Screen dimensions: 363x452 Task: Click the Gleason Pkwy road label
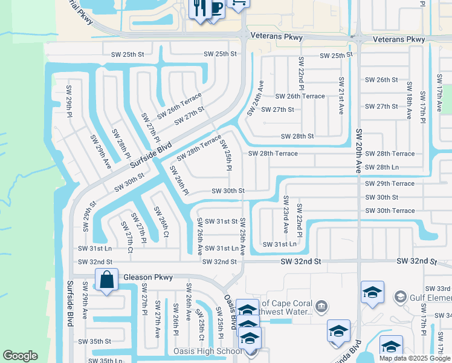[148, 277]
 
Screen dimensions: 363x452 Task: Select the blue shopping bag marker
[106, 280]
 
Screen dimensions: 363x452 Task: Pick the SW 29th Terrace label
[390, 183]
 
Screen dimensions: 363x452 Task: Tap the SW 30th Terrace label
[390, 211]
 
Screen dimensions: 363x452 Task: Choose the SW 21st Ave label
[341, 94]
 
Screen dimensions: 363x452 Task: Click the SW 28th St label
[293, 136]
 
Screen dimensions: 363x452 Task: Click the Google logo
[20, 356]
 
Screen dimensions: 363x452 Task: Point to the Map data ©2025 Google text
[414, 358]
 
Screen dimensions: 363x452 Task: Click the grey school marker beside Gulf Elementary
[399, 297]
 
